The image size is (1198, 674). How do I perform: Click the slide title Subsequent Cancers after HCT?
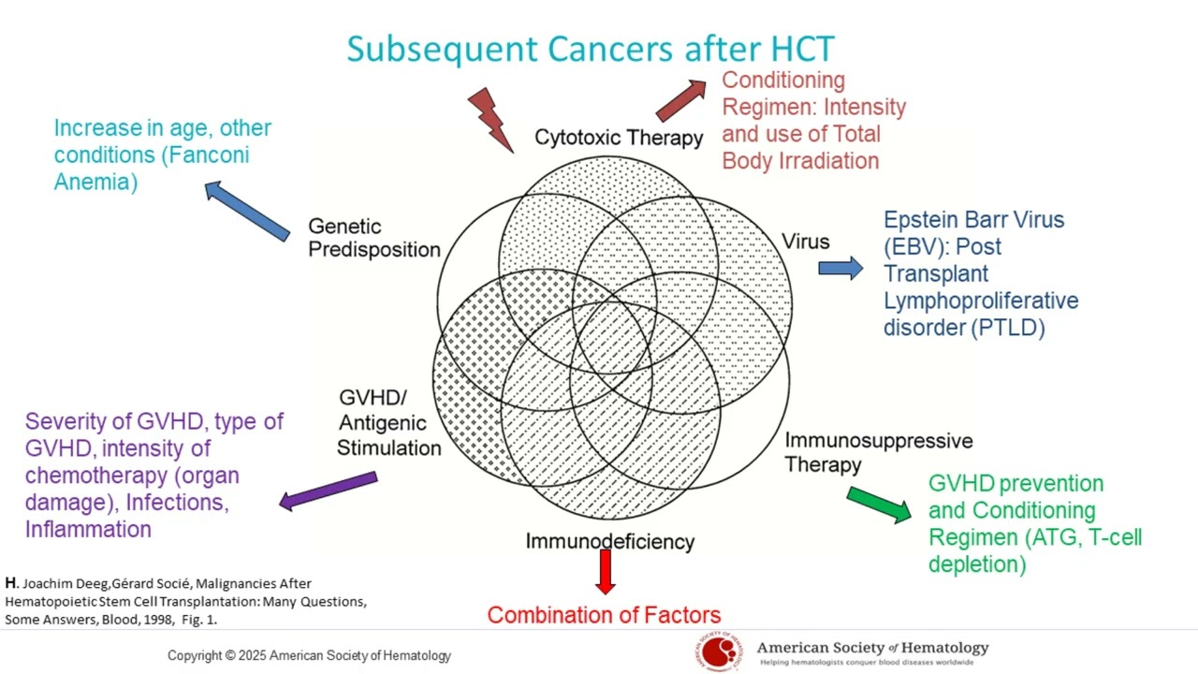click(x=590, y=49)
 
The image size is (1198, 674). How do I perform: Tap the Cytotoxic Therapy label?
click(x=619, y=138)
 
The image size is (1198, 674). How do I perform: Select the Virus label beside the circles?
click(x=806, y=242)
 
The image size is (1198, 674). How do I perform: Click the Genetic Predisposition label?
click(x=373, y=238)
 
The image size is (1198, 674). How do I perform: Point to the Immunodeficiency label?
click(x=609, y=541)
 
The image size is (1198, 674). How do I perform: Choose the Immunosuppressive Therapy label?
click(x=878, y=452)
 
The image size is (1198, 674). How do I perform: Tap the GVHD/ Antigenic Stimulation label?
click(x=388, y=422)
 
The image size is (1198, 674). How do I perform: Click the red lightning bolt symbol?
click(x=490, y=118)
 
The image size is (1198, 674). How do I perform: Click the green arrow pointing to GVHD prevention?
click(x=879, y=504)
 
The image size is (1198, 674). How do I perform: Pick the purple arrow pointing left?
click(x=329, y=491)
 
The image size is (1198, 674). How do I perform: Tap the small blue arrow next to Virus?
click(x=840, y=268)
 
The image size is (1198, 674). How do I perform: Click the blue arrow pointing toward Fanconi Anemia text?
click(x=247, y=210)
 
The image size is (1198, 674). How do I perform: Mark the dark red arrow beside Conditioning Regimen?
click(x=681, y=99)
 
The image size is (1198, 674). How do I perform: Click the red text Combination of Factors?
click(x=604, y=615)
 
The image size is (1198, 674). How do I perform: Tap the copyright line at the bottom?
click(x=309, y=655)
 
